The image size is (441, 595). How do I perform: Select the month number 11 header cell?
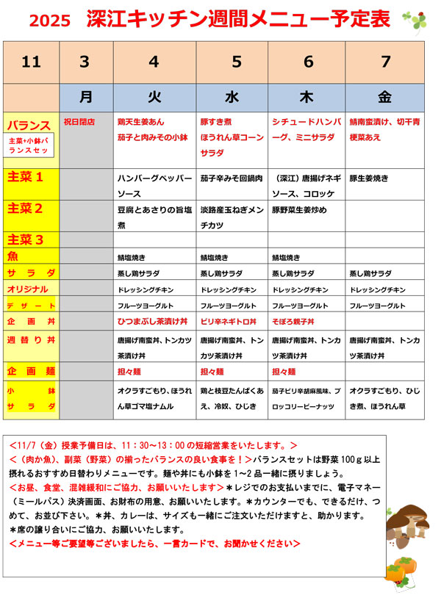pos(31,62)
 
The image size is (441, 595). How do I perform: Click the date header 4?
pos(154,62)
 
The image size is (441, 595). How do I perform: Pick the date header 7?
pos(386,62)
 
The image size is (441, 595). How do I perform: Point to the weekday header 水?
pos(233,95)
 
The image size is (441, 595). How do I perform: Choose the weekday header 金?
pos(386,95)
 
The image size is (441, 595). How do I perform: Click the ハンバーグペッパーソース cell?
pos(154,184)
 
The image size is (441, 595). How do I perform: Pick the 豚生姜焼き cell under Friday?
pos(369,178)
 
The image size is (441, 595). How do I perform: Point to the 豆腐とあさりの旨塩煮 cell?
pos(154,217)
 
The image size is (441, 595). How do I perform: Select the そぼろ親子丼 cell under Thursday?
pos(293,322)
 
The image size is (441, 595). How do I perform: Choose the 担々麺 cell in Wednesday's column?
pos(212,372)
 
